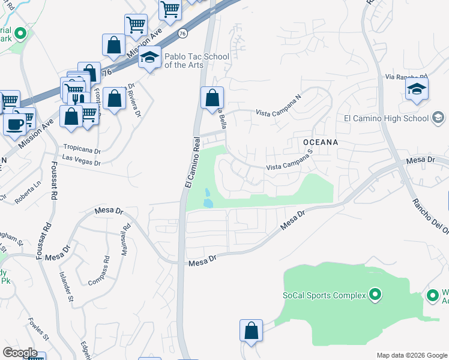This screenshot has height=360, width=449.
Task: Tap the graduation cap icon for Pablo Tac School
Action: (x=149, y=58)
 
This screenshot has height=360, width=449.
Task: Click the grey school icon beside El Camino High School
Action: (x=438, y=118)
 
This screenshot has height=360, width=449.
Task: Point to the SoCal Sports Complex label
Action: (x=324, y=295)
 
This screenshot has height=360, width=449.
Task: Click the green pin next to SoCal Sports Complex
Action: (x=375, y=294)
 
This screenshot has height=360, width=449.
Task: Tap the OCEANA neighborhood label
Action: (x=321, y=142)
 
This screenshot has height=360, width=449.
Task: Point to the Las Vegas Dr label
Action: (x=81, y=160)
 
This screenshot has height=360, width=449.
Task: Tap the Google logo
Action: (x=20, y=353)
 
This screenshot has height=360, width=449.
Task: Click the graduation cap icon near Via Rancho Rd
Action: (x=416, y=89)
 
